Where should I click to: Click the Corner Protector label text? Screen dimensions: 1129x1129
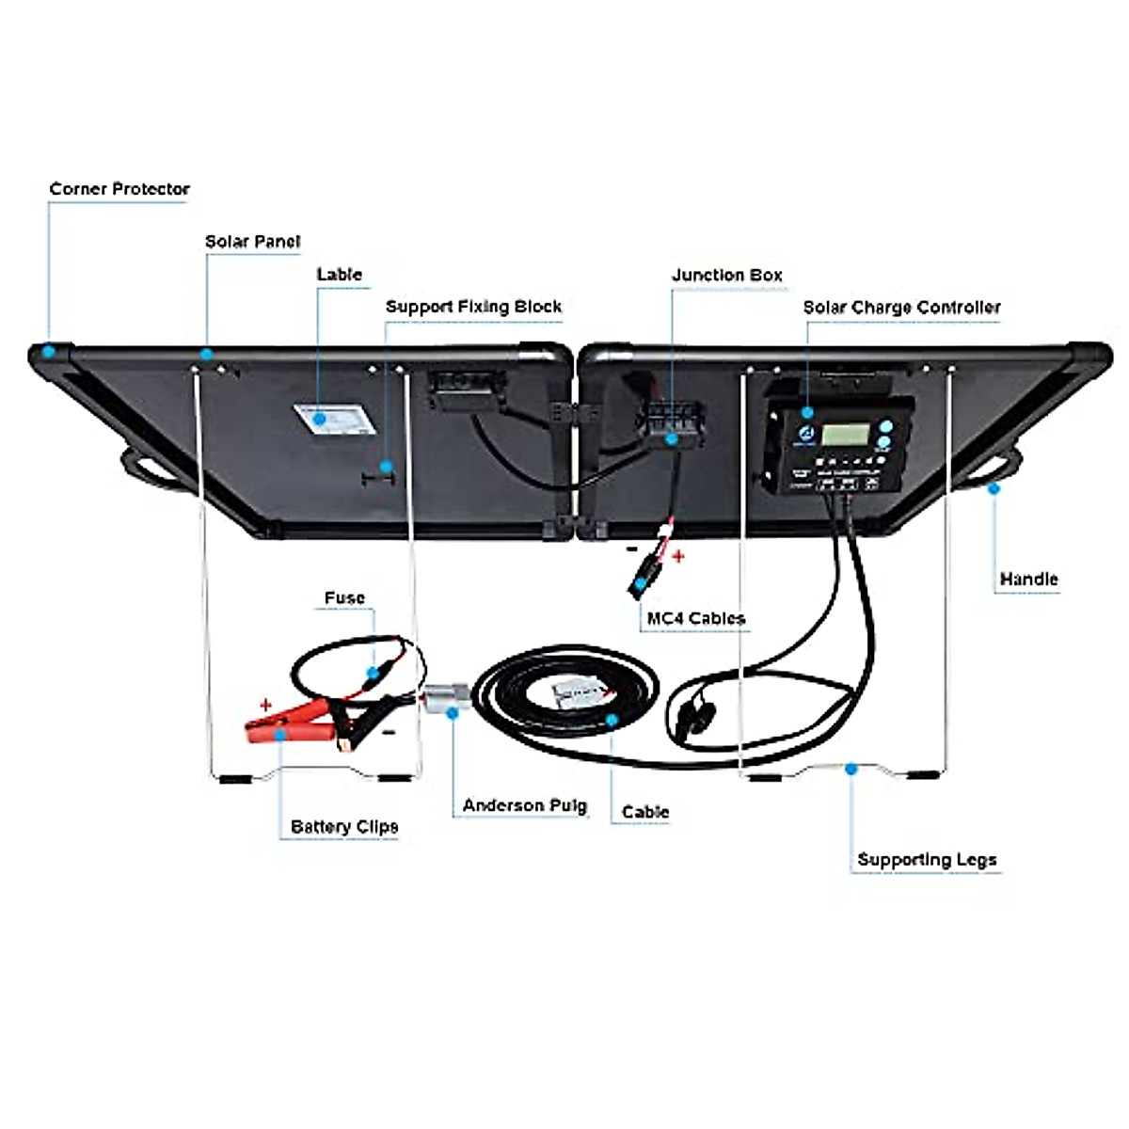click(x=119, y=189)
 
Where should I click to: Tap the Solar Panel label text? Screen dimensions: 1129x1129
click(x=252, y=242)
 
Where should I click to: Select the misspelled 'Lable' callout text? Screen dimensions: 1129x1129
click(x=339, y=275)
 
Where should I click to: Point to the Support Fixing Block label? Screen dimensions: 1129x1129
click(x=473, y=307)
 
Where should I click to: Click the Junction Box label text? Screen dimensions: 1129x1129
click(x=726, y=276)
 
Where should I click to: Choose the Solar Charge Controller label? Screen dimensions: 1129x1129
click(x=901, y=308)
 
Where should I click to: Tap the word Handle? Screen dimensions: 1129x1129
click(x=1028, y=580)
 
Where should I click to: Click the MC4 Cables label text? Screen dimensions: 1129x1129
click(x=695, y=618)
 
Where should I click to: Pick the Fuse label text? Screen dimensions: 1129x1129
click(x=343, y=598)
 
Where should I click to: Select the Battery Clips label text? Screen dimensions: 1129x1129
click(x=343, y=827)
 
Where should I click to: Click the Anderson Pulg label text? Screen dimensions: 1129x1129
click(x=524, y=806)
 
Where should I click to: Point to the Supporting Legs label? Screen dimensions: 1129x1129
click(x=926, y=860)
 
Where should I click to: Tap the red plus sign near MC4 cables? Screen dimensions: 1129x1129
click(x=678, y=556)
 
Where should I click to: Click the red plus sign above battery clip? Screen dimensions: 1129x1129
click(x=266, y=704)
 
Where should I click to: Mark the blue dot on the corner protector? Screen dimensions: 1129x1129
click(x=47, y=350)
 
